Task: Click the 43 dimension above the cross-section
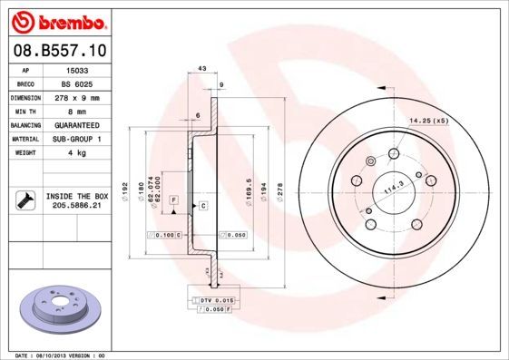click(x=201, y=69)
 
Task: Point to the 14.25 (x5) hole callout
click(x=428, y=121)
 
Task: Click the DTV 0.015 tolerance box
click(x=216, y=298)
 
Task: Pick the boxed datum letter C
click(x=203, y=206)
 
